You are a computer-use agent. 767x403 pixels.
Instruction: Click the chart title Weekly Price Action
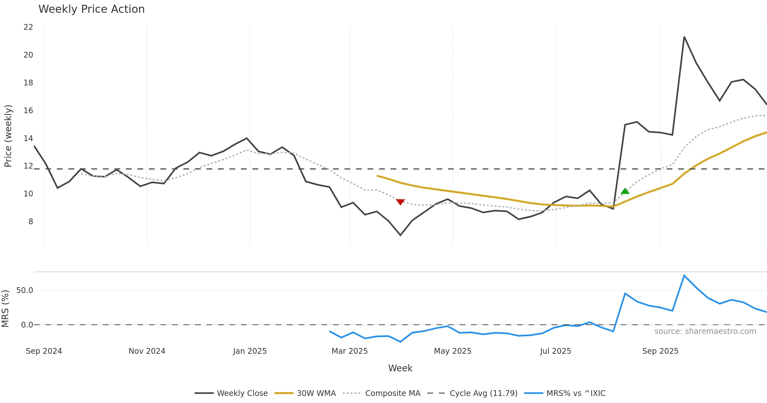coord(91,9)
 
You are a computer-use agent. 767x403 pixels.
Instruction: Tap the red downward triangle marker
coord(400,202)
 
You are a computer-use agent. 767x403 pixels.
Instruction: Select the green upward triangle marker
coord(625,191)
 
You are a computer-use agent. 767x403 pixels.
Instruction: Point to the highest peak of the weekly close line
coord(684,37)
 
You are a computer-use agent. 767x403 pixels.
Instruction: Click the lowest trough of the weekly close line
coord(400,235)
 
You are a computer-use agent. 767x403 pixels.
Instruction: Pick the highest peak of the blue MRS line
coord(684,275)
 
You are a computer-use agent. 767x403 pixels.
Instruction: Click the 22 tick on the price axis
coord(28,27)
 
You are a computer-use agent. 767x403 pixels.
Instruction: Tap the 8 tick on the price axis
coord(31,221)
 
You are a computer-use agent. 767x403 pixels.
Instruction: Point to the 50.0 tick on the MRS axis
coord(25,290)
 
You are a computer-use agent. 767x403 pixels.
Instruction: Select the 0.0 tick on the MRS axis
coord(27,325)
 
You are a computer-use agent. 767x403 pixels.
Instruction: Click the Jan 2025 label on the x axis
coord(250,351)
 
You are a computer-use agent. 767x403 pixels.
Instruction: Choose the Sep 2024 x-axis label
coord(44,351)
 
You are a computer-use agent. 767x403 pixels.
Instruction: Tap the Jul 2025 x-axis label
coord(555,351)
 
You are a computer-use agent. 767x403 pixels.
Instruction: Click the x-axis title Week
coord(400,368)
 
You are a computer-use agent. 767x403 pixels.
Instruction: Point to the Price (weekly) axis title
coord(8,136)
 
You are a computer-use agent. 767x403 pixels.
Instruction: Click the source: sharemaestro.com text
coord(705,331)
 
